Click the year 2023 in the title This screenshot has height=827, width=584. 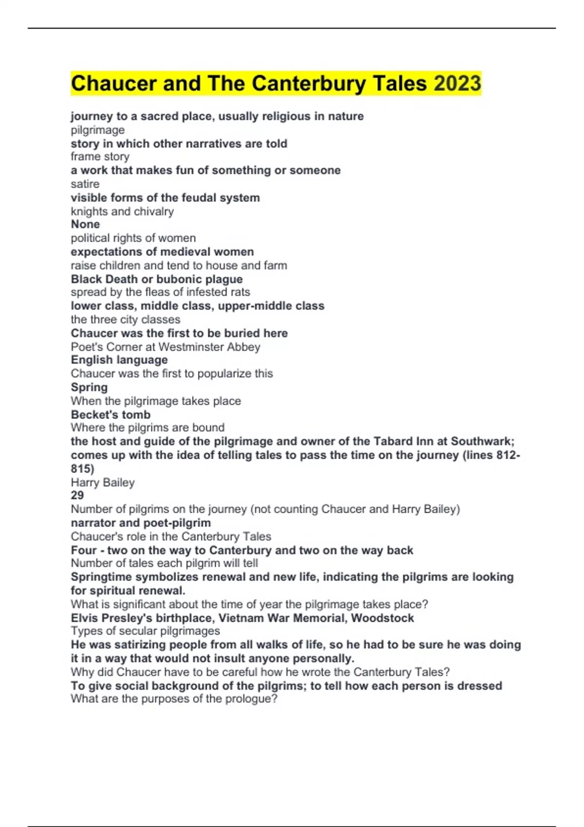457,83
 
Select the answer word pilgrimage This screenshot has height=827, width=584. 97,130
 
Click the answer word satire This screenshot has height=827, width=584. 85,184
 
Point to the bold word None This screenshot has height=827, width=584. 85,224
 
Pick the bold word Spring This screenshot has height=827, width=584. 89,387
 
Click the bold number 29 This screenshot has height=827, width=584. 77,495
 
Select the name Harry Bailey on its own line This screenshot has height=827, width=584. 103,482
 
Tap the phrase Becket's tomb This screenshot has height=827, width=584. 110,414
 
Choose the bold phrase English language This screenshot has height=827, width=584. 119,360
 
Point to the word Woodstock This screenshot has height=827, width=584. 383,618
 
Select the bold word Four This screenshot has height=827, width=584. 84,550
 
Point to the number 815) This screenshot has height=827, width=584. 82,468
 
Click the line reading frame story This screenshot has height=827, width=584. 100,157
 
